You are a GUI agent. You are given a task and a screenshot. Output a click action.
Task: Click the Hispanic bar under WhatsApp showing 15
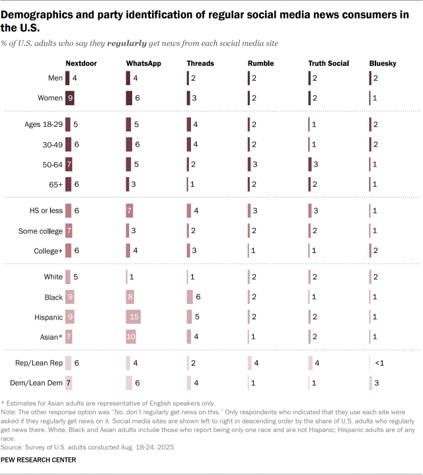tap(134, 318)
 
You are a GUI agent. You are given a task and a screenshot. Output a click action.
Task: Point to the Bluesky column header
tap(382, 63)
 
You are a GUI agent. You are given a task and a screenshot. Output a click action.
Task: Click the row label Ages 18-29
tap(44, 124)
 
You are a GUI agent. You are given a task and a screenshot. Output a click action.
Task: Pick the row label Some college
tap(40, 231)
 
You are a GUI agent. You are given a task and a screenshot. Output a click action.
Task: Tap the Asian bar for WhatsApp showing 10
tap(132, 336)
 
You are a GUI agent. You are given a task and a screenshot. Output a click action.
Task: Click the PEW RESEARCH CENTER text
tap(38, 459)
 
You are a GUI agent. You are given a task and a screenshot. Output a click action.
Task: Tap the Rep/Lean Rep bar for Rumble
tap(251, 363)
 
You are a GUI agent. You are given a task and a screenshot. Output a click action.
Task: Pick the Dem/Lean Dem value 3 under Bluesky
tap(375, 382)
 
